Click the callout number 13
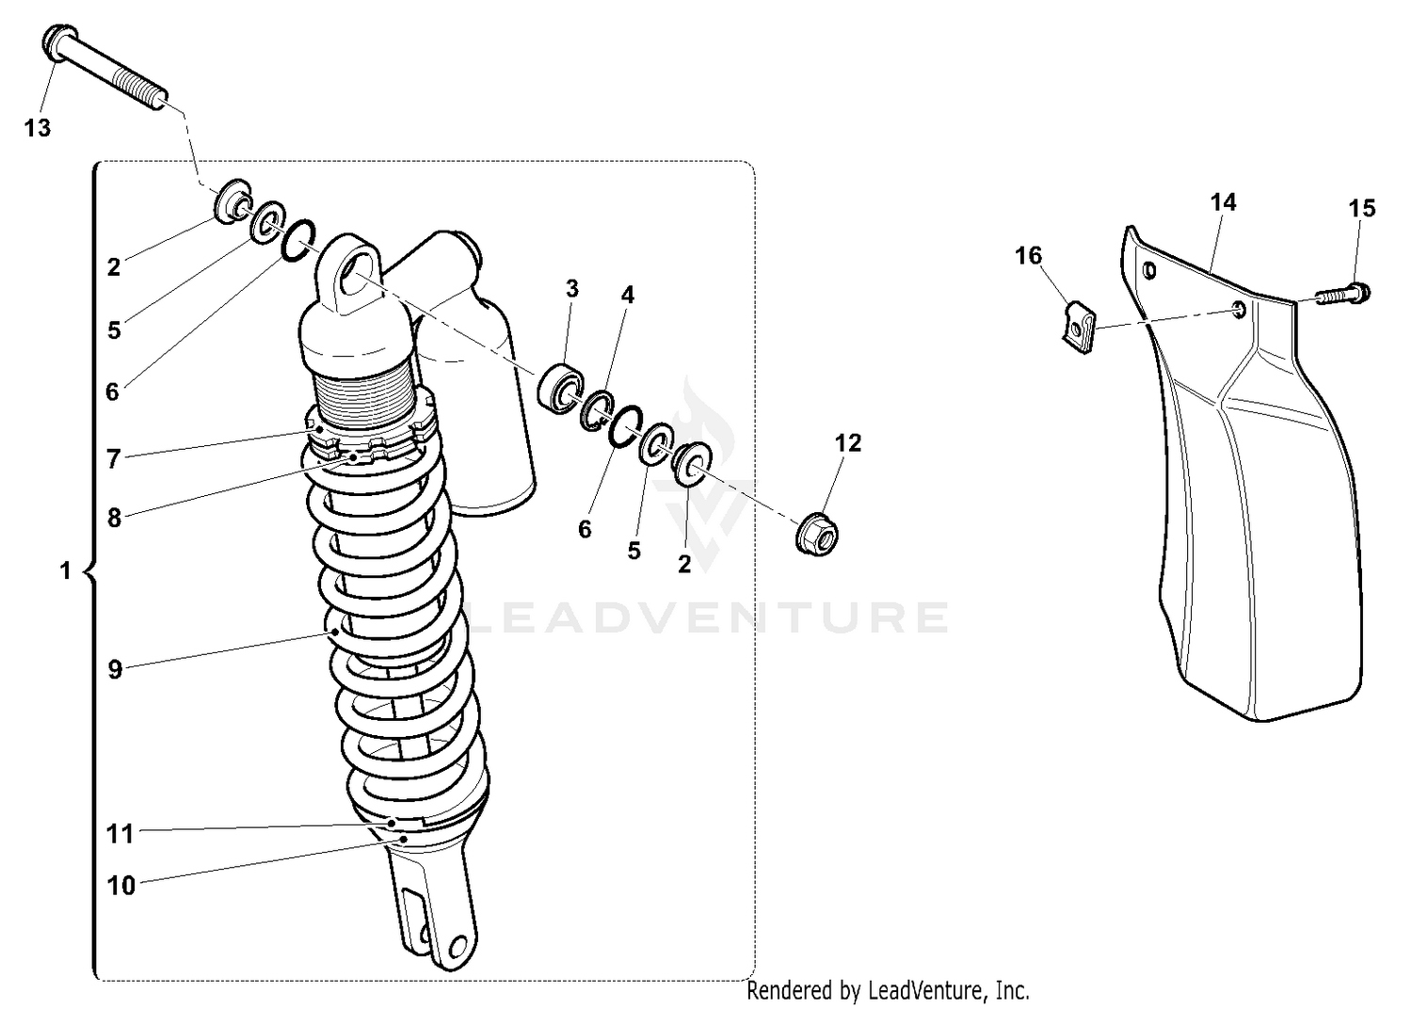click(x=38, y=128)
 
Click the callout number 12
click(x=848, y=443)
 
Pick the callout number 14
click(x=1223, y=202)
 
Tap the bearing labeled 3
click(x=562, y=388)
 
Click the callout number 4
click(x=627, y=296)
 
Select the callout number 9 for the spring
click(x=115, y=670)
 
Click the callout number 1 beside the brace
click(x=65, y=571)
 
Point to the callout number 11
click(x=120, y=834)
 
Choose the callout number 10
click(x=121, y=886)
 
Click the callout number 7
click(x=114, y=459)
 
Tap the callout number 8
click(x=114, y=518)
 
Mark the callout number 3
click(x=572, y=289)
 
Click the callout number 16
click(x=1029, y=256)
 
